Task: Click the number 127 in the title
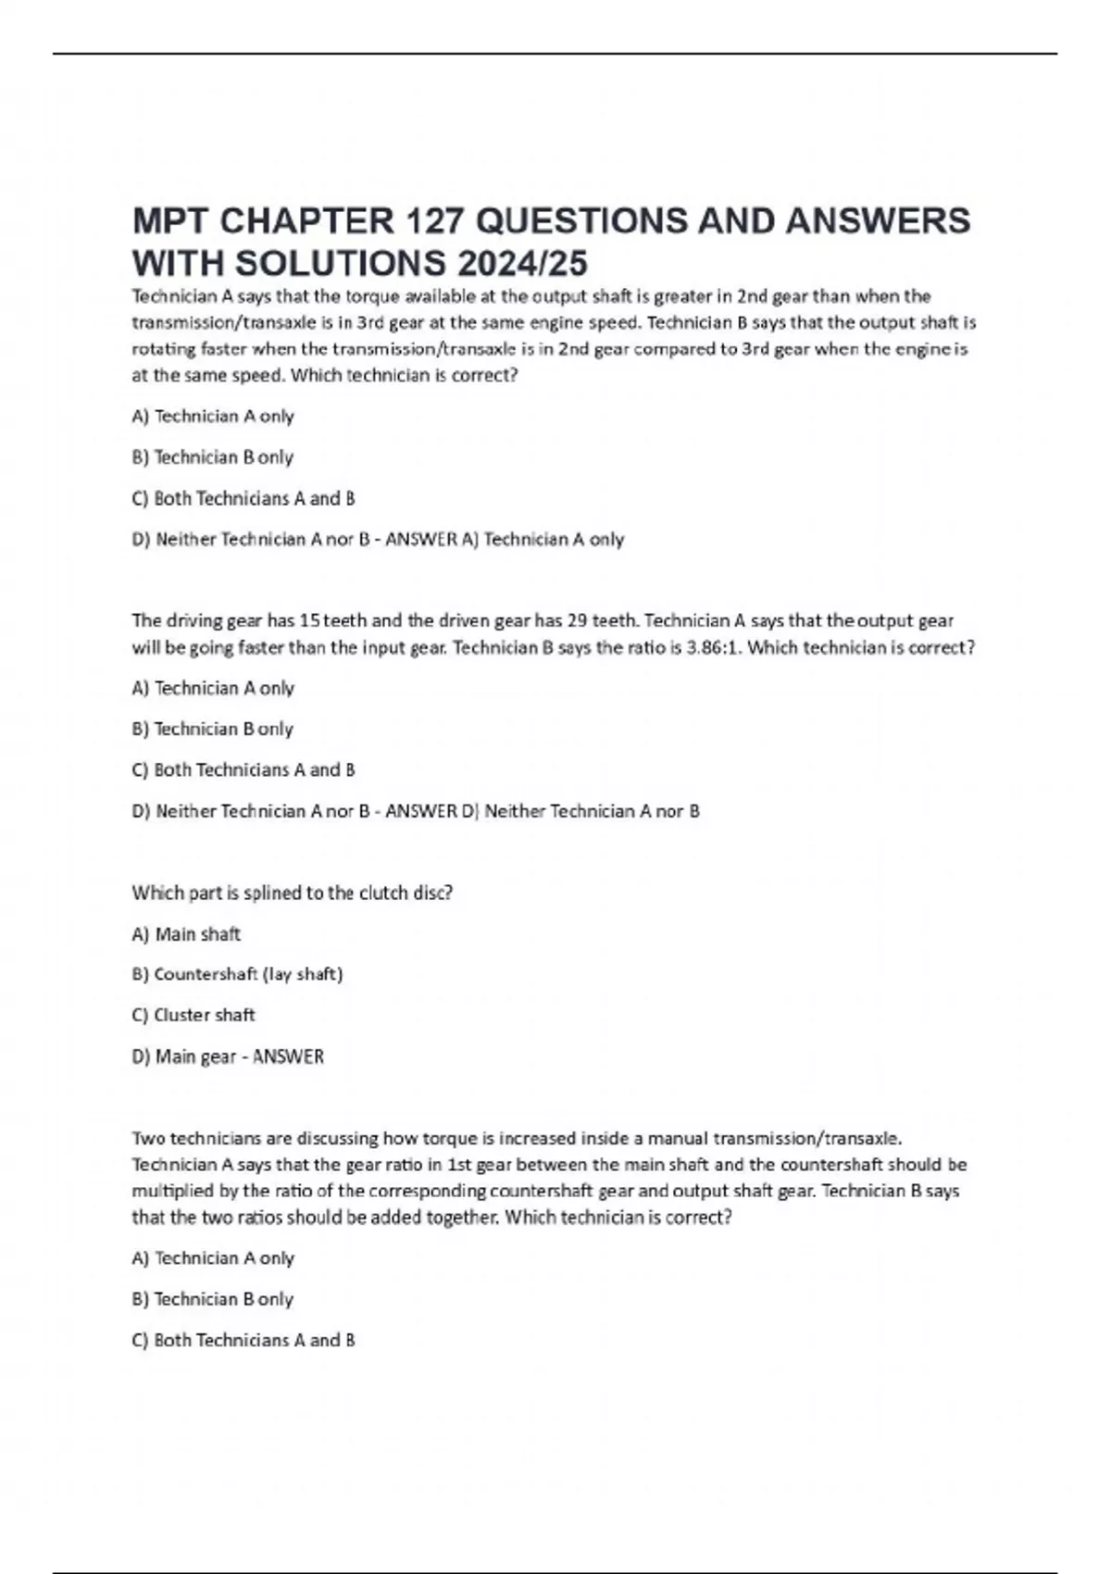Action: point(437,221)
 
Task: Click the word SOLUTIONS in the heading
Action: point(341,264)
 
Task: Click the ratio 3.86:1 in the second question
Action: point(713,647)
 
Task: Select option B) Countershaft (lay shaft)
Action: point(237,974)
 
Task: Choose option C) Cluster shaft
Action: point(193,1015)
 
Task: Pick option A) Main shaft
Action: point(186,934)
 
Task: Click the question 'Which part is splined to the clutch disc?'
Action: point(292,893)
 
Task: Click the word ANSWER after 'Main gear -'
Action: point(288,1056)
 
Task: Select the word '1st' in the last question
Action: point(459,1165)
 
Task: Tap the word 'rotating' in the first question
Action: point(164,349)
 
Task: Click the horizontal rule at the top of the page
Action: point(555,54)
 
